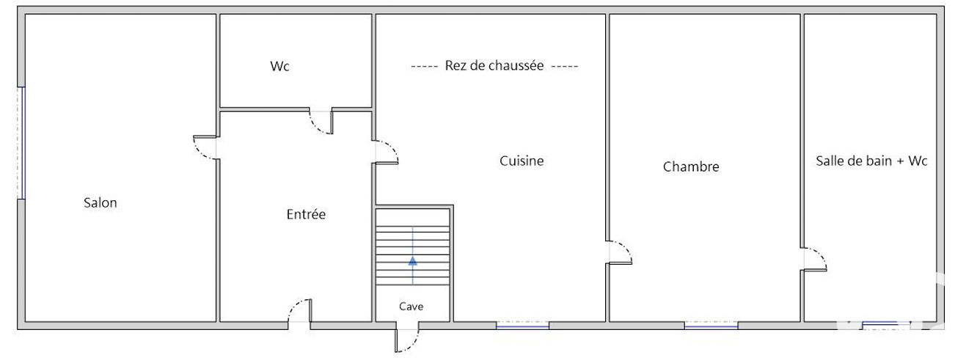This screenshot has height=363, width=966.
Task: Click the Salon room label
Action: tap(100, 202)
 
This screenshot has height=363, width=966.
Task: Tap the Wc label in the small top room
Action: tap(279, 66)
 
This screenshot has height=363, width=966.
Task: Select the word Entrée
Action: tap(306, 214)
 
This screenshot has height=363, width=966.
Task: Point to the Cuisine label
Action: tap(522, 161)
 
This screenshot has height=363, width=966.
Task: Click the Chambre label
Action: tap(691, 166)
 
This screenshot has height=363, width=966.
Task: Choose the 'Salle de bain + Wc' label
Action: tap(871, 161)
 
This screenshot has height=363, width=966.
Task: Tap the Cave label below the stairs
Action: tap(411, 307)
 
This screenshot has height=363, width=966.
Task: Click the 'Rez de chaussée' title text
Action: tap(494, 65)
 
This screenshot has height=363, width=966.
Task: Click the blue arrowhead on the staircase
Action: tap(413, 260)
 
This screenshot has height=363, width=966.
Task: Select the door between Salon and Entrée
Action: tap(205, 148)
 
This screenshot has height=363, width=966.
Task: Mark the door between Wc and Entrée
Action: tap(321, 122)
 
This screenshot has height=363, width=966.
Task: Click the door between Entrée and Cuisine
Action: tap(385, 153)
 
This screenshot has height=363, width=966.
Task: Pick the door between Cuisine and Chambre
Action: tap(619, 252)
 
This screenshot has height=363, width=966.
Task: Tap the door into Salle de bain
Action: tap(814, 259)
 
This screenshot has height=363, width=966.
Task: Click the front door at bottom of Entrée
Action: tap(300, 310)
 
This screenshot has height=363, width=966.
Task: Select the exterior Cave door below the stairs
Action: tap(406, 340)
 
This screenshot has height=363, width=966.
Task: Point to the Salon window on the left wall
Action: tap(21, 143)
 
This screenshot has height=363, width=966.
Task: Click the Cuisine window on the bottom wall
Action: tap(522, 325)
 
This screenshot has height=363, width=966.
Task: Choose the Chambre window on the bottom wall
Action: tap(711, 325)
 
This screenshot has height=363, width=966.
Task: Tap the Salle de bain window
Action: tap(886, 325)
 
